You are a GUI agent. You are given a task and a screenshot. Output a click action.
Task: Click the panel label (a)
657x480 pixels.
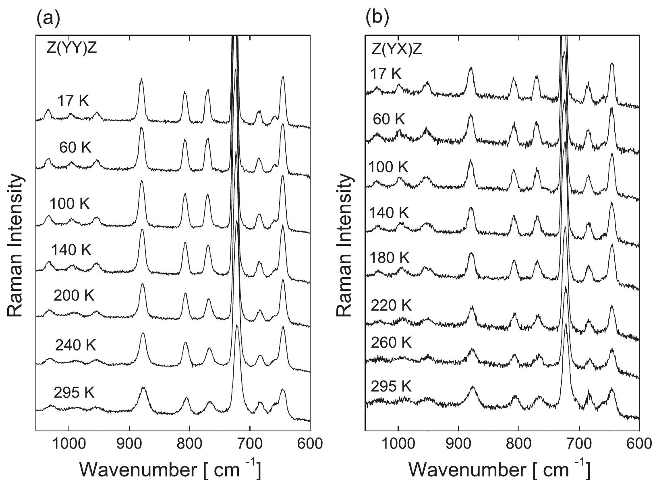[x=48, y=19]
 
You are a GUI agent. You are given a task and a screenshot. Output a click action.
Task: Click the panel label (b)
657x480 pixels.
[x=377, y=19]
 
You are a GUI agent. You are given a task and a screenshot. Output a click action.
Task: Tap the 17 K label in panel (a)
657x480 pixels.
[x=73, y=100]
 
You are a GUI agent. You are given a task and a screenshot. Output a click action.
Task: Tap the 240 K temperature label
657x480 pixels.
[x=76, y=345]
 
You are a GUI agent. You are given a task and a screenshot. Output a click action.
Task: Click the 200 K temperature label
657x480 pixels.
[x=74, y=296]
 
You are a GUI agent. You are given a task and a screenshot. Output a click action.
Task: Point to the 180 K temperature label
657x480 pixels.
[x=389, y=258]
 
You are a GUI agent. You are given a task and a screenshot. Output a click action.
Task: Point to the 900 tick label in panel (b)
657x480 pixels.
[x=458, y=443]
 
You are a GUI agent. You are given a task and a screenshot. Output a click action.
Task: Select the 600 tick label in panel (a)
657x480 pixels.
[x=309, y=443]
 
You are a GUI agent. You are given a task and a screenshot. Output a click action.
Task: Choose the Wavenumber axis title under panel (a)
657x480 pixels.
[x=170, y=469]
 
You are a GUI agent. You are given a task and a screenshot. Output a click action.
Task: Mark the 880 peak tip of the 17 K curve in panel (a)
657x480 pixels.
[x=141, y=79]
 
